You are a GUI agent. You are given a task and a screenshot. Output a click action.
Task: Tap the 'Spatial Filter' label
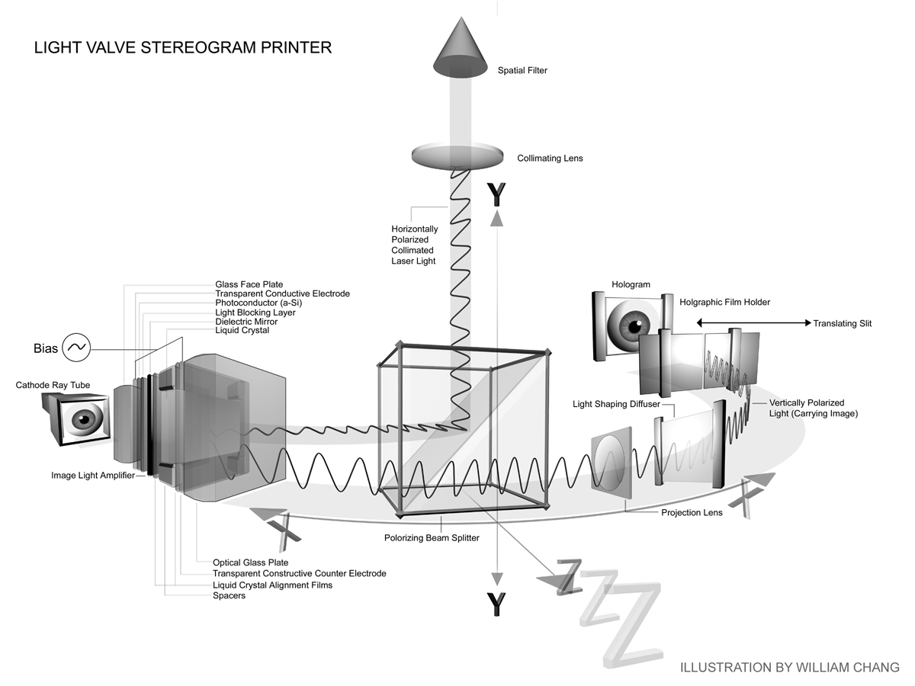(x=522, y=71)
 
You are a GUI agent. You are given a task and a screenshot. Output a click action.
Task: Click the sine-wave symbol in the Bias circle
(x=76, y=348)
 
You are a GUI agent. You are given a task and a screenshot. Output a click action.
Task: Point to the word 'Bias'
(x=45, y=349)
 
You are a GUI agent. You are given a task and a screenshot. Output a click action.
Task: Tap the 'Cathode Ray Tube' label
(x=53, y=385)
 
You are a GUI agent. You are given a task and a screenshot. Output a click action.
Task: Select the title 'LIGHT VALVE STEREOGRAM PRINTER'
(x=183, y=48)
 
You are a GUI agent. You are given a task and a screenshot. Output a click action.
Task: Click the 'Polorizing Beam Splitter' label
(x=432, y=538)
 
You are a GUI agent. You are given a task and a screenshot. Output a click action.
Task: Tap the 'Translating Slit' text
(x=842, y=323)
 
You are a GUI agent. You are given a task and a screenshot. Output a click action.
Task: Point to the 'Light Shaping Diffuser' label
(x=616, y=404)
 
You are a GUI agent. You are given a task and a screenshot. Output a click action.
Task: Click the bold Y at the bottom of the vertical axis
(x=496, y=604)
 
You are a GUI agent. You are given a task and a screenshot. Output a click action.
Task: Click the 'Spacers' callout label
(x=229, y=595)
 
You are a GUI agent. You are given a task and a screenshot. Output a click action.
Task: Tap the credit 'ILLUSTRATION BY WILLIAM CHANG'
(x=789, y=668)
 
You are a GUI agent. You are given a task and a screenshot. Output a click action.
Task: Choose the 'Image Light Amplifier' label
(x=92, y=476)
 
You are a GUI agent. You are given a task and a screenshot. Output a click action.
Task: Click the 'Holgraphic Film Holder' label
(x=724, y=302)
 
